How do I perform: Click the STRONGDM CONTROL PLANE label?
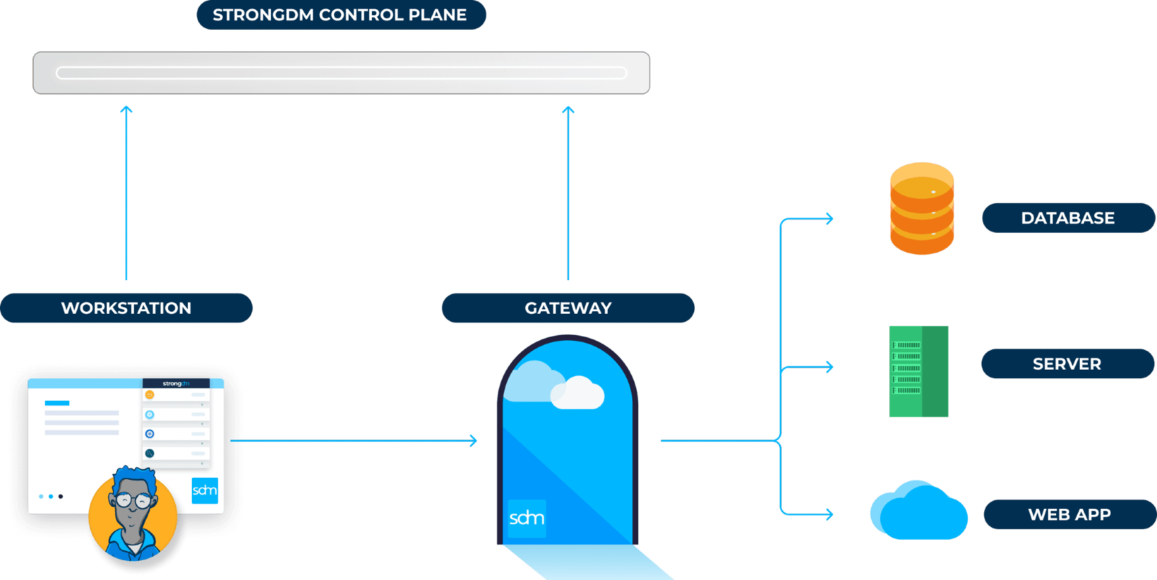pyautogui.click(x=341, y=15)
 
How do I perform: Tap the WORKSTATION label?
pyautogui.click(x=126, y=308)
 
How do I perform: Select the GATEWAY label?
pyautogui.click(x=568, y=308)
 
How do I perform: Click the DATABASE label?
pyautogui.click(x=1067, y=218)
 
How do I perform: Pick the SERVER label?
pyautogui.click(x=1067, y=364)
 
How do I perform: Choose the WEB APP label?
pyautogui.click(x=1069, y=514)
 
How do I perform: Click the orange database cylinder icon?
pyautogui.click(x=922, y=208)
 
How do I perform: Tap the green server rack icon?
pyautogui.click(x=918, y=371)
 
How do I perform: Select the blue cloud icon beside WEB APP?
pyautogui.click(x=918, y=513)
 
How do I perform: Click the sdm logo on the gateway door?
pyautogui.click(x=527, y=518)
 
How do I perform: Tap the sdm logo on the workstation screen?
pyautogui.click(x=204, y=490)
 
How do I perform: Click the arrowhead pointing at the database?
pyautogui.click(x=829, y=218)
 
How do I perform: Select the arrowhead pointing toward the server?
pyautogui.click(x=829, y=366)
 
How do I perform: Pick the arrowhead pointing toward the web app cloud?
pyautogui.click(x=829, y=514)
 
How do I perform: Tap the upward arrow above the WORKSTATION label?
pyautogui.click(x=126, y=191)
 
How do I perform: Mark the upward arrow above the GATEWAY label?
pyautogui.click(x=568, y=191)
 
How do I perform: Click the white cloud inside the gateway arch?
pyautogui.click(x=578, y=393)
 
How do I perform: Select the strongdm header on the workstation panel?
pyautogui.click(x=176, y=384)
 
